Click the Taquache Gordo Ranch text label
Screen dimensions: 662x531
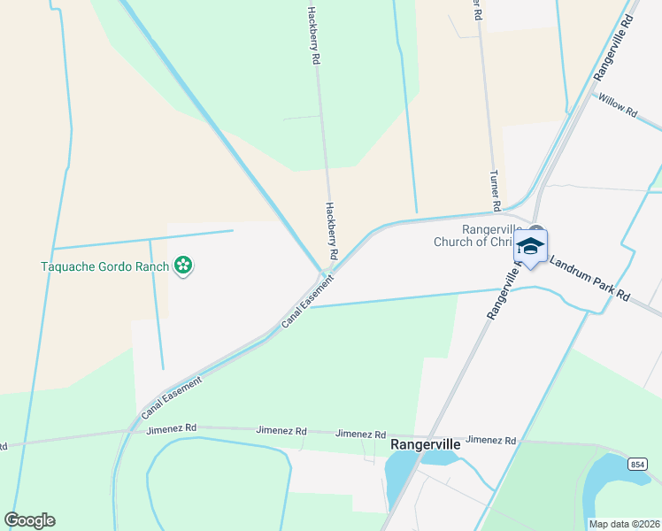[105, 265]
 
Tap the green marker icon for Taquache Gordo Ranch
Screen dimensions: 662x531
[183, 265]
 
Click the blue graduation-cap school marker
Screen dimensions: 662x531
[530, 247]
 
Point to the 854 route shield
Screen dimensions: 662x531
[639, 463]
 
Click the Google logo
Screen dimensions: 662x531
[29, 520]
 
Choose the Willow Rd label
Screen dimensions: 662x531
[618, 106]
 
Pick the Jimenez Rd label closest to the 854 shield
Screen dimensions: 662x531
[490, 439]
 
